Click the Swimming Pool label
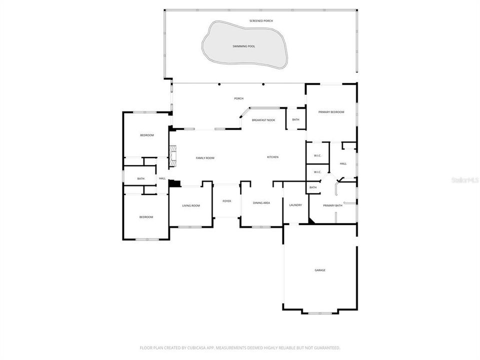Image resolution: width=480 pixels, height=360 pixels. coord(243,46)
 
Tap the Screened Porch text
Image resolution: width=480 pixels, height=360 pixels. coord(261,21)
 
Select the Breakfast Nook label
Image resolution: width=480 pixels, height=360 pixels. coord(263,120)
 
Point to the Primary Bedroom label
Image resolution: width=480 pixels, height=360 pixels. coord(331,112)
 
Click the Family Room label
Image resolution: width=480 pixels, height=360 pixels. coord(204,158)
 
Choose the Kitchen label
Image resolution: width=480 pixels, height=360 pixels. coord(272,157)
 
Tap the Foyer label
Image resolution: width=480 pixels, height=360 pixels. coord(226,201)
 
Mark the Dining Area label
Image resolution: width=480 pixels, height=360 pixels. coord(261,203)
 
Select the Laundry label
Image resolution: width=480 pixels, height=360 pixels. coord(295,205)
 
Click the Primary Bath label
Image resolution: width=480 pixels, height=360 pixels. coord(332,205)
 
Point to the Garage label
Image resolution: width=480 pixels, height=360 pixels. coord(320,270)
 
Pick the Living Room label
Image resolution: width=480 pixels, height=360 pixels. coord(190,205)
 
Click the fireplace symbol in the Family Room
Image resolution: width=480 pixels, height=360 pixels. coord(172,155)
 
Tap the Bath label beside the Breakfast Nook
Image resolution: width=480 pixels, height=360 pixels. coord(295,120)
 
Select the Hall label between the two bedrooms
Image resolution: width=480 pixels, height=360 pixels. coord(162,178)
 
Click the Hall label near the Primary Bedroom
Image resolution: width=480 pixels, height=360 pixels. coord(343,163)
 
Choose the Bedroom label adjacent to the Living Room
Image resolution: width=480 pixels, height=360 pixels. coord(146,217)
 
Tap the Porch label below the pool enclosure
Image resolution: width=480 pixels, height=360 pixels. coord(238,98)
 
